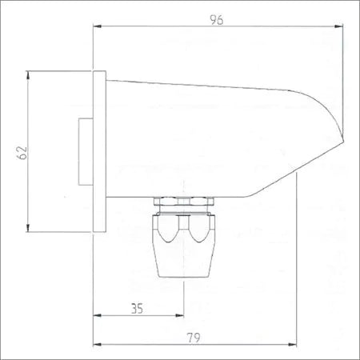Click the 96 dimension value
pyautogui.click(x=217, y=20)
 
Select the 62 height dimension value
pyautogui.click(x=22, y=153)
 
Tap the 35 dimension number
pyautogui.click(x=137, y=309)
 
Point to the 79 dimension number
pyautogui.click(x=194, y=338)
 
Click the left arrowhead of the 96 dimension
pyautogui.click(x=98, y=26)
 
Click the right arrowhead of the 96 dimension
pyautogui.click(x=338, y=26)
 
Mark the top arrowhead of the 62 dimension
pyautogui.click(x=28, y=75)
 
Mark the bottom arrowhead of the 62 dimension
pyautogui.click(x=28, y=228)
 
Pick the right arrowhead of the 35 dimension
pyautogui.click(x=179, y=315)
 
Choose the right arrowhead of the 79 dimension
pyautogui.click(x=292, y=345)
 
